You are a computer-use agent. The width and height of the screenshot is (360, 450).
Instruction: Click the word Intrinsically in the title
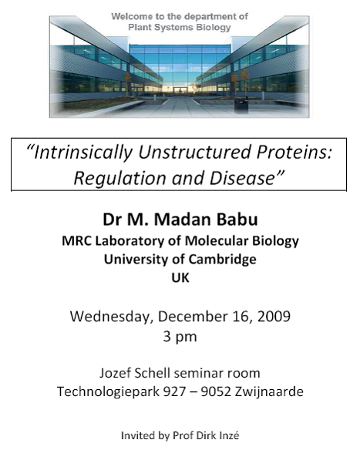coord(82,153)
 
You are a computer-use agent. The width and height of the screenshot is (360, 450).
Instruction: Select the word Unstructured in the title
coord(194,152)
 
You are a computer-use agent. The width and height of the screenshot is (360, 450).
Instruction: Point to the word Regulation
coord(119,179)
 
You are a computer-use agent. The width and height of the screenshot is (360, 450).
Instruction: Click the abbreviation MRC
coord(76,240)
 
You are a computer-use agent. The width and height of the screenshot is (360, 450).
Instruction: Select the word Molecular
coord(217,240)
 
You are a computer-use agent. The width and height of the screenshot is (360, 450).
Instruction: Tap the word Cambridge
coord(223,260)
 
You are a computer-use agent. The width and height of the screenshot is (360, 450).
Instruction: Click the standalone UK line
coord(180,278)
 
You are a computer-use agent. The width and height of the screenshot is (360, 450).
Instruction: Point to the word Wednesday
coord(110,317)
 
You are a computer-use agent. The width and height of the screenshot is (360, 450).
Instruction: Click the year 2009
coord(274,316)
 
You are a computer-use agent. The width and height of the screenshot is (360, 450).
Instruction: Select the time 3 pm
coord(180,337)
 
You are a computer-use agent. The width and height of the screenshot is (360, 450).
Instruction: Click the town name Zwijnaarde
coord(269,391)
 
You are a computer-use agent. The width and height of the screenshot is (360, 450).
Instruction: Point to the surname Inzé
coord(229,435)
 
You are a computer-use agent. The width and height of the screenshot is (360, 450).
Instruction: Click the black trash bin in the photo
coord(241,106)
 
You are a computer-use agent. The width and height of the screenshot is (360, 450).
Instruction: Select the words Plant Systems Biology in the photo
coord(180,28)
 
